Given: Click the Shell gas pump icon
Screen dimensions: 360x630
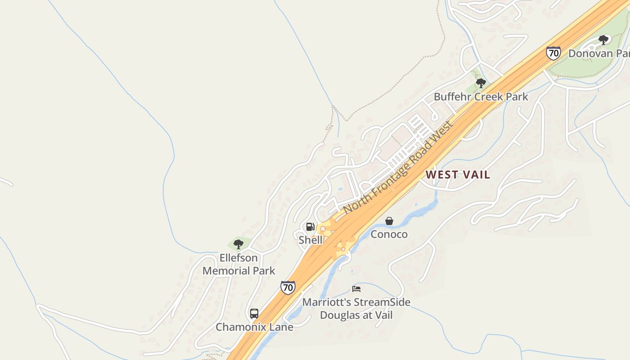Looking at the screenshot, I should pyautogui.click(x=310, y=227).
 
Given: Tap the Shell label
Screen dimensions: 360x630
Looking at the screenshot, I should pyautogui.click(x=310, y=240).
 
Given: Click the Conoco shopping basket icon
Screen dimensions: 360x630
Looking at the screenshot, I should pyautogui.click(x=389, y=221).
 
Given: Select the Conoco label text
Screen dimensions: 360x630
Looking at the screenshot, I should pyautogui.click(x=389, y=234).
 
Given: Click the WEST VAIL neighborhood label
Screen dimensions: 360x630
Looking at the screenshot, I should pyautogui.click(x=458, y=175).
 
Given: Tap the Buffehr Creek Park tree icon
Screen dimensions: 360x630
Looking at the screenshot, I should pyautogui.click(x=481, y=83).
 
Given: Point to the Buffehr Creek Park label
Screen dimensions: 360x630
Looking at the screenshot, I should pyautogui.click(x=481, y=97).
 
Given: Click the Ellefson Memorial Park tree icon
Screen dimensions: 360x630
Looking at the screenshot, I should pyautogui.click(x=238, y=244).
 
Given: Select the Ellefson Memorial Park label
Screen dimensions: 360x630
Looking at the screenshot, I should pyautogui.click(x=238, y=264).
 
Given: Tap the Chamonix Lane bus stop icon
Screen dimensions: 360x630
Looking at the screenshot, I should pyautogui.click(x=254, y=314).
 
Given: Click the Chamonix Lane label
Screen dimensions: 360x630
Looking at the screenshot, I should pyautogui.click(x=254, y=327).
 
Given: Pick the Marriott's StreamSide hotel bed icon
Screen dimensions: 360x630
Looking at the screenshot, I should pyautogui.click(x=356, y=288).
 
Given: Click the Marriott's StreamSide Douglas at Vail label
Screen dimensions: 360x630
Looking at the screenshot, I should pyautogui.click(x=356, y=308).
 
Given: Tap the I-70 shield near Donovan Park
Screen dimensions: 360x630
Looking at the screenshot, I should pyautogui.click(x=553, y=53).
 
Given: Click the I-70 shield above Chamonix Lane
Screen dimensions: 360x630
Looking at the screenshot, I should pyautogui.click(x=288, y=287).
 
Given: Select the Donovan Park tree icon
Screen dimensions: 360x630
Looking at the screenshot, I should pyautogui.click(x=603, y=40).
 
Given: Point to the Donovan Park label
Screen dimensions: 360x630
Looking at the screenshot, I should pyautogui.click(x=598, y=54).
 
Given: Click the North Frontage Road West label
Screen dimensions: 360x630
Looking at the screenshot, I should pyautogui.click(x=398, y=167).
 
